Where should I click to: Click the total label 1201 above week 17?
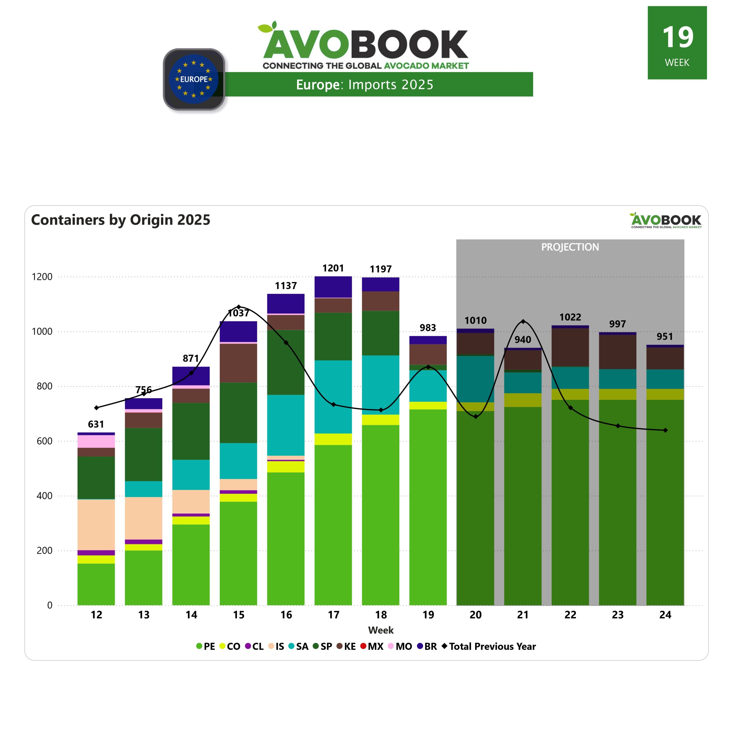(x=333, y=268)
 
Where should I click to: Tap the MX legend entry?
(x=372, y=646)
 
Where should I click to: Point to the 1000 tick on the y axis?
(x=42, y=332)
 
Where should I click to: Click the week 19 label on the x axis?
(x=428, y=615)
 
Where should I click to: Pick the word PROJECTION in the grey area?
(x=570, y=247)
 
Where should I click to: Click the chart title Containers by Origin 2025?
(x=121, y=220)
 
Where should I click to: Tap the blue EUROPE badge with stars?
(x=194, y=79)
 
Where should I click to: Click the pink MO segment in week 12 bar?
(x=96, y=441)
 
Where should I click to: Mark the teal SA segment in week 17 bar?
(x=333, y=397)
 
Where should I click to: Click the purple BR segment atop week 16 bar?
(x=286, y=304)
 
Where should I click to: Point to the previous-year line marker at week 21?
(x=523, y=322)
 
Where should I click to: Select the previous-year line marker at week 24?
(x=665, y=430)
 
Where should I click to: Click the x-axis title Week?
(x=381, y=630)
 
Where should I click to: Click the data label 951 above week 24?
(x=665, y=337)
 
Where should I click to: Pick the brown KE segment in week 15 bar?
(x=238, y=363)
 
